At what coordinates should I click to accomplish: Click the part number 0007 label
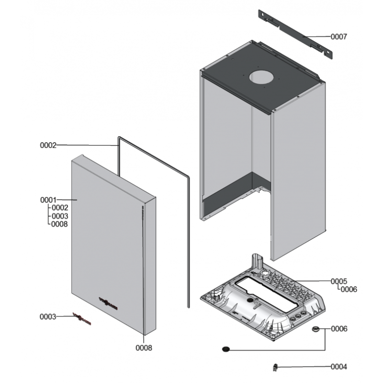click(x=339, y=36)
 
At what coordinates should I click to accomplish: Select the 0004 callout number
click(x=339, y=367)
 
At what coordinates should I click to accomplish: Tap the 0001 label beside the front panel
click(x=48, y=199)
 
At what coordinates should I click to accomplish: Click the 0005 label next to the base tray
click(x=339, y=281)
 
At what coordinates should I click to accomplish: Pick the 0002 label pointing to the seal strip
click(x=48, y=145)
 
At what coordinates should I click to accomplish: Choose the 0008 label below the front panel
click(x=144, y=348)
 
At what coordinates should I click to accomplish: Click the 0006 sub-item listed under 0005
click(x=349, y=289)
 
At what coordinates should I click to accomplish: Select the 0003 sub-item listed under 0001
click(x=59, y=216)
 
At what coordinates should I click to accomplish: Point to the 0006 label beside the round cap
click(x=339, y=329)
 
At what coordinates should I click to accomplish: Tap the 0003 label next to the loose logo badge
click(x=48, y=316)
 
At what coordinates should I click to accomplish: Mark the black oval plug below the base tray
click(x=225, y=349)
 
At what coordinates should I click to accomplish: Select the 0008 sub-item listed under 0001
click(x=59, y=224)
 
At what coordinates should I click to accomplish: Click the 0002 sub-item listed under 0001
click(x=59, y=208)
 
